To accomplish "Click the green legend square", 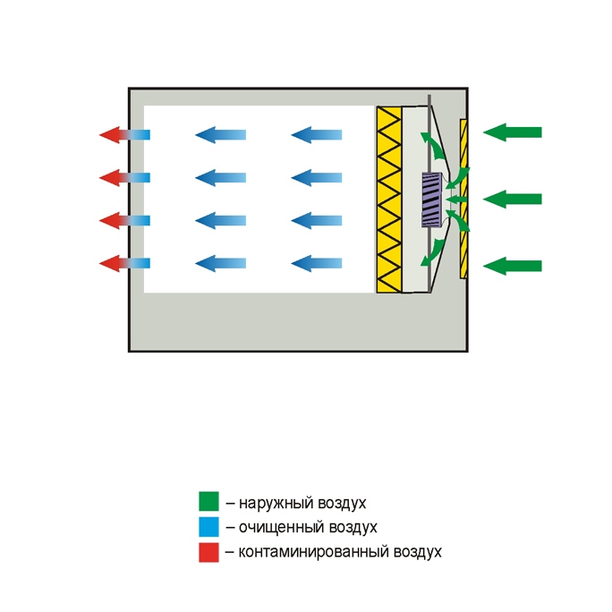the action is [x=208, y=501].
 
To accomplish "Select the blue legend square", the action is [x=208, y=526].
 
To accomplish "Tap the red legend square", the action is [x=208, y=552].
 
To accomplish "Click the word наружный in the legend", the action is [x=276, y=503].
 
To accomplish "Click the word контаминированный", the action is [x=314, y=552].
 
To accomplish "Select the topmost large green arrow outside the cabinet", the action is [x=513, y=132].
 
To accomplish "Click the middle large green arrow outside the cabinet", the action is [x=513, y=199].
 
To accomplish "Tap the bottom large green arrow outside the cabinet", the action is [x=513, y=266].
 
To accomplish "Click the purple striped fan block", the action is [x=431, y=200].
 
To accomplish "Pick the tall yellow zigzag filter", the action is [x=389, y=200].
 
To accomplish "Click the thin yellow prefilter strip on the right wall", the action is [x=463, y=199].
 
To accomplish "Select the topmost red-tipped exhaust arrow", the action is [x=124, y=135].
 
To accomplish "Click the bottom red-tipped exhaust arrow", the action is [x=124, y=263].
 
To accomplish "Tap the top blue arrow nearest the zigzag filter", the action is [x=317, y=135].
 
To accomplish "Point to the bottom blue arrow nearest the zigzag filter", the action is [x=317, y=263].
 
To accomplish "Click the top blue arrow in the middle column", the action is [x=220, y=135].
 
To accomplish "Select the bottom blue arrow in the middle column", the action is [x=220, y=263].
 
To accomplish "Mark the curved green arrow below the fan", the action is [x=433, y=252].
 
